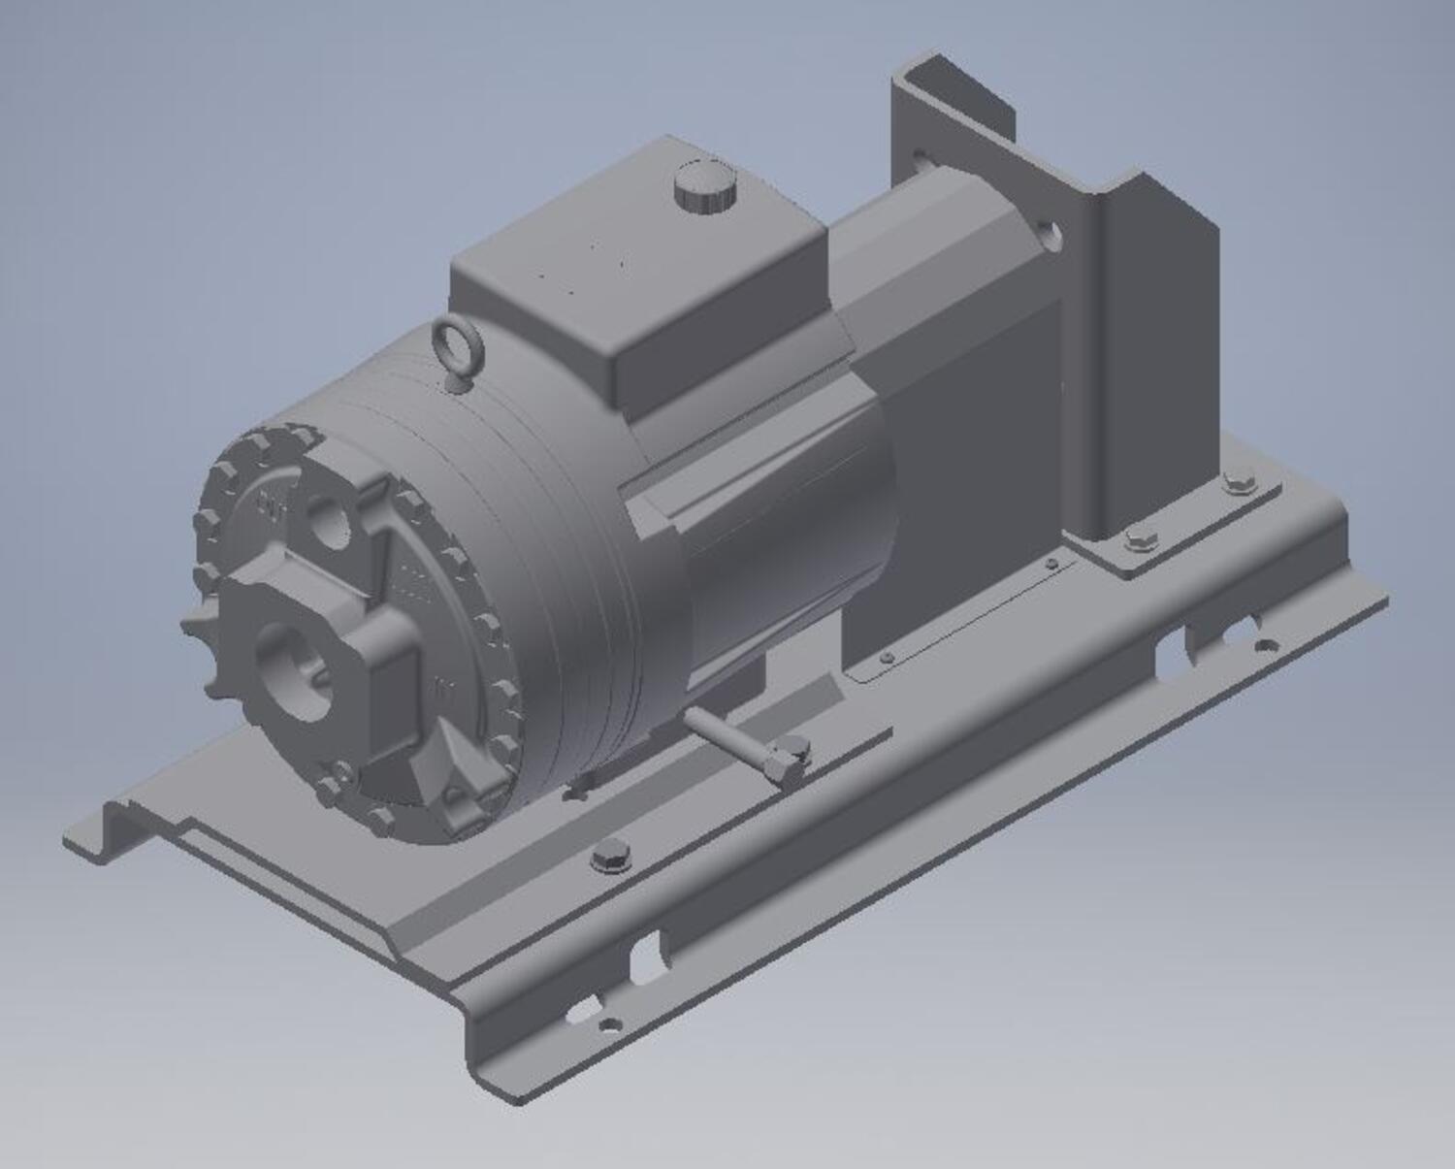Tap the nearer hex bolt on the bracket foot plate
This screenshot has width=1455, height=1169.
(1138, 539)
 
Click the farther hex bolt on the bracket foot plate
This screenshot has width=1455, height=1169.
(1238, 482)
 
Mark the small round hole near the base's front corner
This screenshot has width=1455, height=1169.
(609, 1023)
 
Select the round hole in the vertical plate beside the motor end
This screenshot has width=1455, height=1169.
(1050, 234)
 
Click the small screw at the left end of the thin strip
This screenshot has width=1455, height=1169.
(886, 658)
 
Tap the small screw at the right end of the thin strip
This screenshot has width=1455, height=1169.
(1051, 563)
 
